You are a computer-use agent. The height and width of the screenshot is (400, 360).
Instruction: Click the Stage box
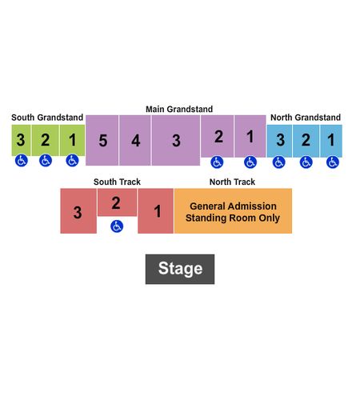180,269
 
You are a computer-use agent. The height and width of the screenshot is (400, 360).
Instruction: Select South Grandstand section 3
21,140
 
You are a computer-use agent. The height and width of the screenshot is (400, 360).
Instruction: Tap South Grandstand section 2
46,140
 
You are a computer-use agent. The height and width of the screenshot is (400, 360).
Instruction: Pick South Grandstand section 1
72,140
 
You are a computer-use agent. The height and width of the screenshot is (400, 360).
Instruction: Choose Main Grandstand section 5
102,140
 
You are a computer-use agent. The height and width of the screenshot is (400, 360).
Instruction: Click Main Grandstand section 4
135,140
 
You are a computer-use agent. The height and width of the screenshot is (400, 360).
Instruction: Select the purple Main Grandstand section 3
176,140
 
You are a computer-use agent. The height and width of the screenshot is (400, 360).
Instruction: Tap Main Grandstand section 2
218,136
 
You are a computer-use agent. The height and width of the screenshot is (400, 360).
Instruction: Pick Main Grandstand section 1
250,136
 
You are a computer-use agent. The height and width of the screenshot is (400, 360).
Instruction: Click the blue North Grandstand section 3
279,141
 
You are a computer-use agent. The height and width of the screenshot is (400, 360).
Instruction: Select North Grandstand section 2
306,141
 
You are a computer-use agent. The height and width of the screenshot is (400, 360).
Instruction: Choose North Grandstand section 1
331,141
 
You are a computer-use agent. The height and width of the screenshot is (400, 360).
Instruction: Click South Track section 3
78,211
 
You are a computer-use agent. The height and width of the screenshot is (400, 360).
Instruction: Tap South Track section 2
117,202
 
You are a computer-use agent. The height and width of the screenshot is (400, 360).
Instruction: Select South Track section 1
155,211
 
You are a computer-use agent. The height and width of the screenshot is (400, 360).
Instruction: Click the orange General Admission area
233,211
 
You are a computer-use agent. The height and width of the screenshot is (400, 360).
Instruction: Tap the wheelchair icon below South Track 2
117,226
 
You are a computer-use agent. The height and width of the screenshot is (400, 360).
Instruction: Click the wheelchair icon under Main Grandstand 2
217,162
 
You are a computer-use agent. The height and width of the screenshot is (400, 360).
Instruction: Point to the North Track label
232,182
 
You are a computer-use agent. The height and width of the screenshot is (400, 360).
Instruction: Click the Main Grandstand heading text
179,109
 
